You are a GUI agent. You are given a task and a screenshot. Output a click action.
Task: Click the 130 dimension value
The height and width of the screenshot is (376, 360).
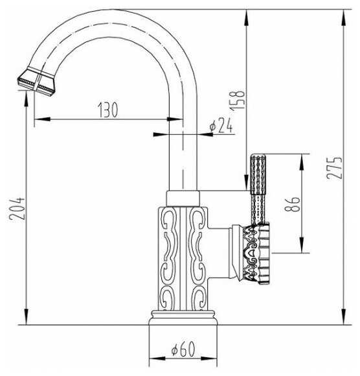108,110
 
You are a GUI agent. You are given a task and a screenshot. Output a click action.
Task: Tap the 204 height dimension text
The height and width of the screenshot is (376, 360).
17,208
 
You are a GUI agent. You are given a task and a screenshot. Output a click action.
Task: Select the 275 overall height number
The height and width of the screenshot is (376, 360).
334,168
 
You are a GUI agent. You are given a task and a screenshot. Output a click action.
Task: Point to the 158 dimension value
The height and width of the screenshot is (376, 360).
238,100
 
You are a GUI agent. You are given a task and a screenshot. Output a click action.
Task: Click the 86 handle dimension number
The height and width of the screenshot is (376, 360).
292,204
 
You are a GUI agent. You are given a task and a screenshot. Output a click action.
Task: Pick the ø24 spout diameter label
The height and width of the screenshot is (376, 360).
221,125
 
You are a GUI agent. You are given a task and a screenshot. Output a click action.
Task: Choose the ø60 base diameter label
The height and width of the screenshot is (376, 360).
183,349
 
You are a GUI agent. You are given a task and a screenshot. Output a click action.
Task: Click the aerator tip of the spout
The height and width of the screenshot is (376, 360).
36,82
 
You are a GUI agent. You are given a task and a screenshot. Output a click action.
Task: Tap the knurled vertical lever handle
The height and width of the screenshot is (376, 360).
258,189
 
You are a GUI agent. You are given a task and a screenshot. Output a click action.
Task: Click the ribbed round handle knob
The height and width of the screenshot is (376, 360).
256,253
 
